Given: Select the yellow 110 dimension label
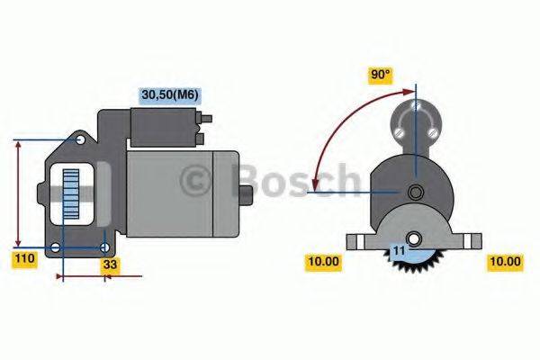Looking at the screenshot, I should coord(24,259).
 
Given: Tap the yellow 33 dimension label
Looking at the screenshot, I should coord(109,265).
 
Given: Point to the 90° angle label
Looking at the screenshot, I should coord(381,76).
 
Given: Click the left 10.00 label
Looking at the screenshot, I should coord(324,262).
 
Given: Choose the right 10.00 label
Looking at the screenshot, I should coord(504,262).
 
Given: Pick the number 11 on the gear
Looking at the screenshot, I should coord(397,250).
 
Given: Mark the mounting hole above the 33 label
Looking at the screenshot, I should coord(106,247).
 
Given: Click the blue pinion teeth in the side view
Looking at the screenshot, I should coord(70,199).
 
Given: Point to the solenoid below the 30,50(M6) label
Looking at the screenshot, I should coord(166,127).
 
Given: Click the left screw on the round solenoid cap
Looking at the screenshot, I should coord(397,132).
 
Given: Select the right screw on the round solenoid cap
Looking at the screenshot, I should coord(435,132).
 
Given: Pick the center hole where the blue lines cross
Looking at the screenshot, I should coord(415,192).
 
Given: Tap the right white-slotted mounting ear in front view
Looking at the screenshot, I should coord(470,240).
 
